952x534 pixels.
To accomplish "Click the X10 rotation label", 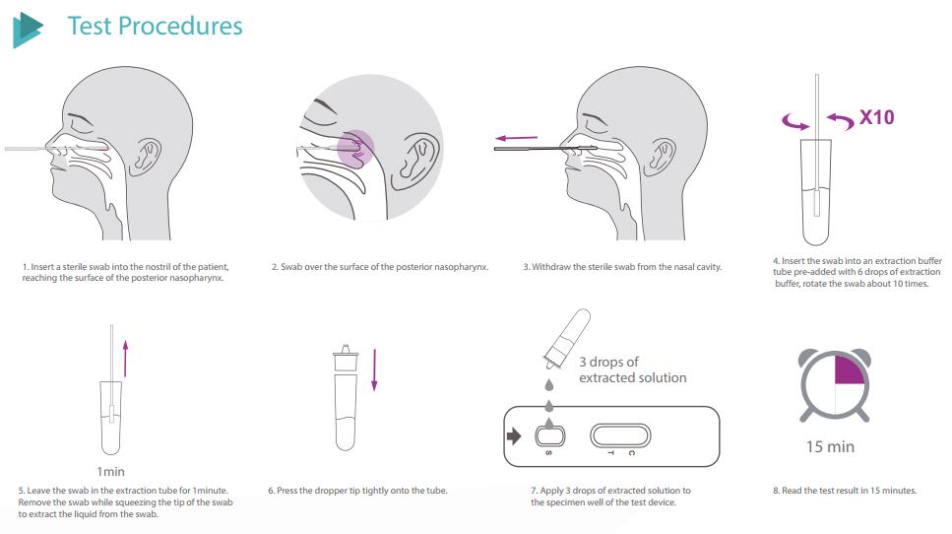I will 876,116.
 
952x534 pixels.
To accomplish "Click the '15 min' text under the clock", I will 830,446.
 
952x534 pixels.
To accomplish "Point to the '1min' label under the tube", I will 110,471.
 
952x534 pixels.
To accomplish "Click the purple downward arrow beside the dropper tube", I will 373,371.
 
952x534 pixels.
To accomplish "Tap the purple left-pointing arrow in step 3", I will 516,138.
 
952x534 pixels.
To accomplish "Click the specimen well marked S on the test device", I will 548,434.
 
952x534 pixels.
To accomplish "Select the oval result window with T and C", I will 619,435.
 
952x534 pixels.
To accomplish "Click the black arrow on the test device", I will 513,436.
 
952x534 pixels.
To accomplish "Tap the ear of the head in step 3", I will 663,154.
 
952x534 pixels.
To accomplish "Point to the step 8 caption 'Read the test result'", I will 845,490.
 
